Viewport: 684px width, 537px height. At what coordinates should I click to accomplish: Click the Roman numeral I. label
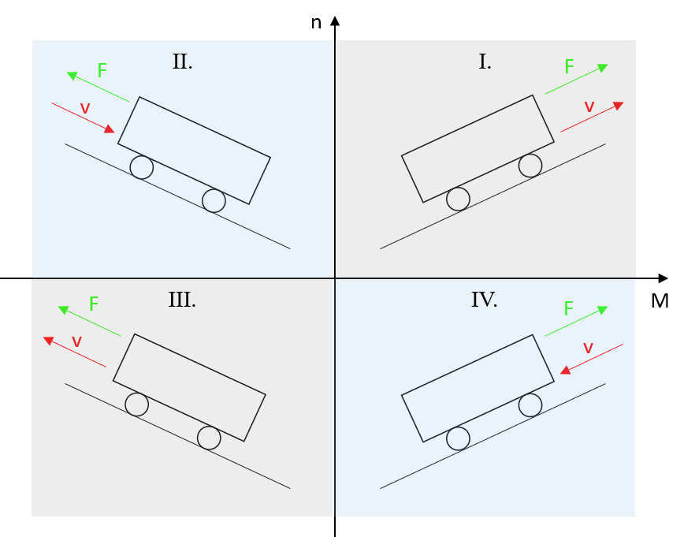[x=485, y=62]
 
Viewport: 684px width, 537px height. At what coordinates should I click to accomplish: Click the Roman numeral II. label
[x=182, y=62]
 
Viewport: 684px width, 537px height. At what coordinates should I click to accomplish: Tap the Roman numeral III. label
[x=181, y=300]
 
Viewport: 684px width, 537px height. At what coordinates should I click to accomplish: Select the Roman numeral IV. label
[x=484, y=300]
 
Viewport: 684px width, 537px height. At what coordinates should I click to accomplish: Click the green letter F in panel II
[x=102, y=71]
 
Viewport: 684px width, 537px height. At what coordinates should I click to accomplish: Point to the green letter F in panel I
[x=569, y=68]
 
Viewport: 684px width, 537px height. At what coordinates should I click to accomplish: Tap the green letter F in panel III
[x=93, y=304]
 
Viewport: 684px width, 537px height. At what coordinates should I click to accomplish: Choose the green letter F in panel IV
[x=569, y=309]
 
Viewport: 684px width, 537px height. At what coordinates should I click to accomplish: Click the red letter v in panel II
[x=85, y=109]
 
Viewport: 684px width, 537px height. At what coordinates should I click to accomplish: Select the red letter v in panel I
[x=589, y=107]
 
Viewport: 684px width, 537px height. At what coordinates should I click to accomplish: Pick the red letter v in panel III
[x=76, y=342]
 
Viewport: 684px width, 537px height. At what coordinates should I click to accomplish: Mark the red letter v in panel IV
[x=588, y=348]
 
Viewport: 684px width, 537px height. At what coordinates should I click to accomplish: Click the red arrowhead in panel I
[x=619, y=105]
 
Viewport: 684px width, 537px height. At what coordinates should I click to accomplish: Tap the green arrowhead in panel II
[x=72, y=76]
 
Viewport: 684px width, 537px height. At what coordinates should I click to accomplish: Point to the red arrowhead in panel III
[x=48, y=341]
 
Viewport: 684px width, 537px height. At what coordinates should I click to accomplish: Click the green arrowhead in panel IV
[x=603, y=310]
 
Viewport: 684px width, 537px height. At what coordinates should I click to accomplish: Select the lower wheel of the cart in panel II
[x=214, y=201]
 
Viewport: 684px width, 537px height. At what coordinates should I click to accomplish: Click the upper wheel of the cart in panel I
[x=530, y=166]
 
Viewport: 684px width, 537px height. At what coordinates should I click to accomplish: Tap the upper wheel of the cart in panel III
[x=136, y=405]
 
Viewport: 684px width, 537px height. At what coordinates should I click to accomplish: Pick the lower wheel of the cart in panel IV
[x=458, y=438]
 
